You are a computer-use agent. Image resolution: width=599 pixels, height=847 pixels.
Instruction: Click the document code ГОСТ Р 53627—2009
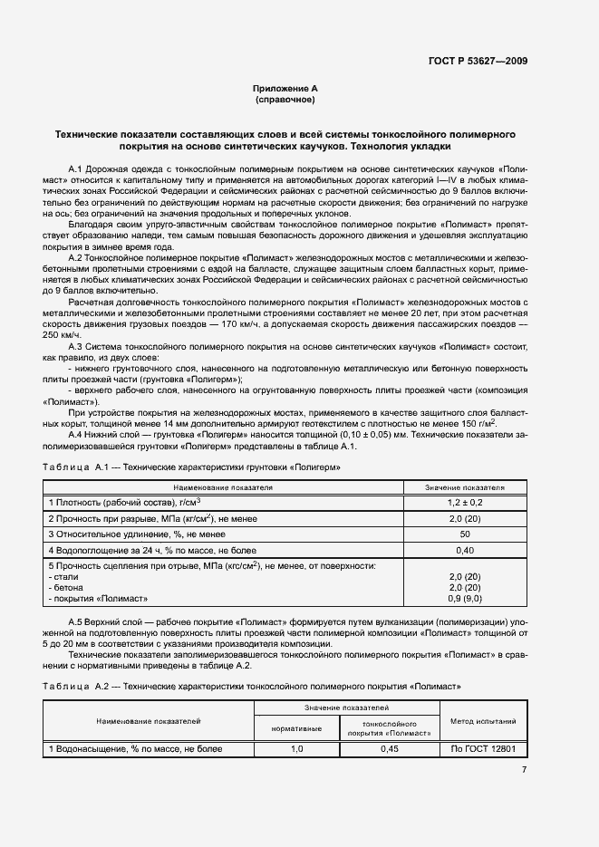[478, 61]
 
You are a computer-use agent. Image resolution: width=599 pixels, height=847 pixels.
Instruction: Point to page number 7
[524, 770]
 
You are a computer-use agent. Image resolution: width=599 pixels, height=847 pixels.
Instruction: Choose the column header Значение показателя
[464, 486]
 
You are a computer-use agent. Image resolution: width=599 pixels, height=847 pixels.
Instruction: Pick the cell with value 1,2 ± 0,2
[464, 502]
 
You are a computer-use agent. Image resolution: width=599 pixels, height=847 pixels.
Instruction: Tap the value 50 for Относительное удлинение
[464, 534]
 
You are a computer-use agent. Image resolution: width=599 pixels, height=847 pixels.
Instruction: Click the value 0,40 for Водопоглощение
[464, 550]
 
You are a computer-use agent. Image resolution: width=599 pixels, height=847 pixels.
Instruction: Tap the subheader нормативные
[296, 727]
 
